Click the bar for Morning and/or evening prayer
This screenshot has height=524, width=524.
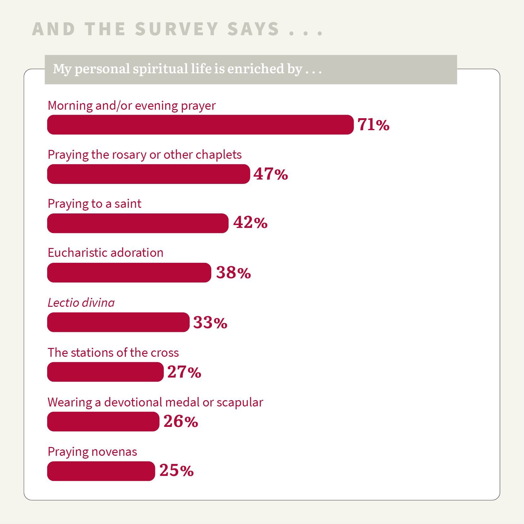(200, 125)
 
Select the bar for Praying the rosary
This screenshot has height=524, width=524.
(148, 174)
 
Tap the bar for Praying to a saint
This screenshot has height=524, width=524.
(138, 223)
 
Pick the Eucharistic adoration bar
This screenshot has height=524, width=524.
(129, 273)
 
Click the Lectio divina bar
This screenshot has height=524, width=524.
(118, 322)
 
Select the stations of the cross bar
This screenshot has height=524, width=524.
(105, 372)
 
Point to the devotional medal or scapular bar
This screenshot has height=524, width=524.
(103, 422)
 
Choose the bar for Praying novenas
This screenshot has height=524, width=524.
(101, 471)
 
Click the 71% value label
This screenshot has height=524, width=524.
(373, 125)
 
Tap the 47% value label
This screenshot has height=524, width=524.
(271, 174)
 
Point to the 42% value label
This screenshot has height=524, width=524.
(250, 223)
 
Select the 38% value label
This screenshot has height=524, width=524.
(234, 273)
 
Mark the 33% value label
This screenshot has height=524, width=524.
(210, 323)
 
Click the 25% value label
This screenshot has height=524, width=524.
(176, 471)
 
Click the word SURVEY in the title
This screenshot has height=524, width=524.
(177, 29)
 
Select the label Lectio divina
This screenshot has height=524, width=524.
(81, 303)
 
